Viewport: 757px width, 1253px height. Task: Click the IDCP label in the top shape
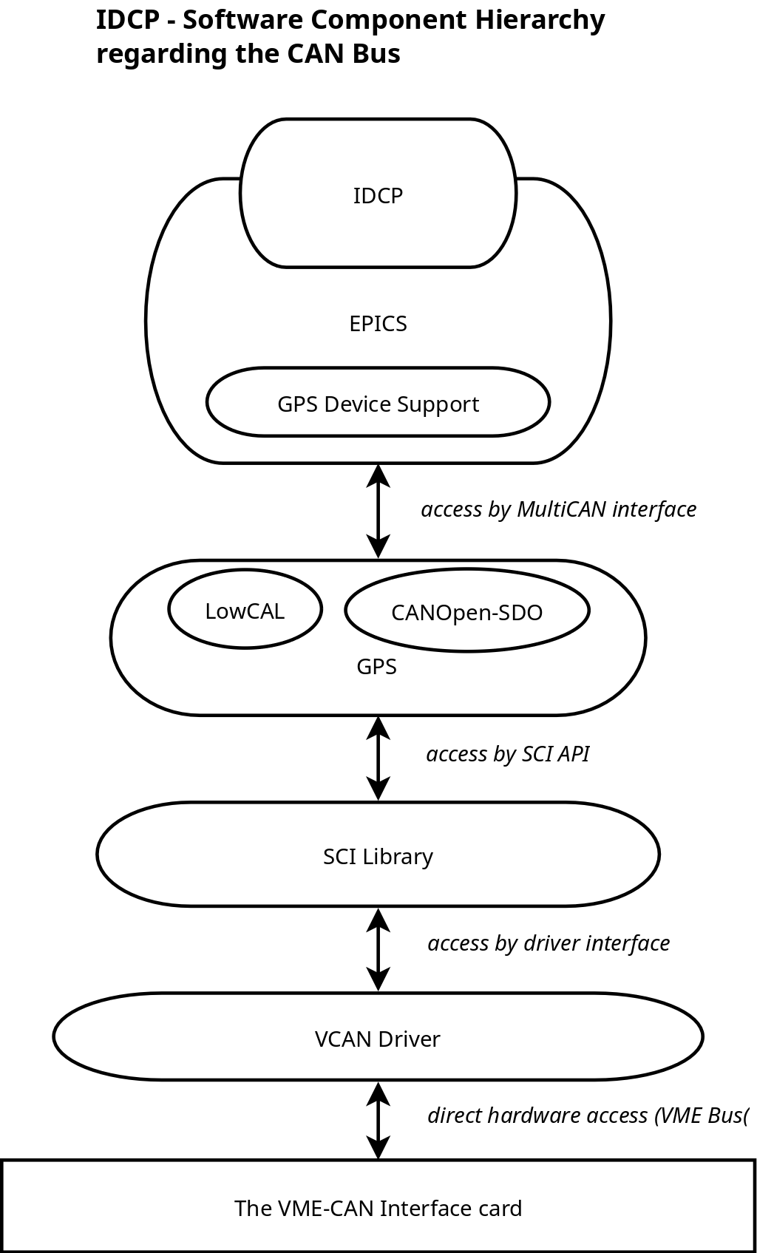pos(378,196)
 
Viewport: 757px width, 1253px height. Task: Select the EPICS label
pos(378,324)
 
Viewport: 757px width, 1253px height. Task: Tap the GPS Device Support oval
pos(378,404)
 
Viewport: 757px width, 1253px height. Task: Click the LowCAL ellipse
pos(245,611)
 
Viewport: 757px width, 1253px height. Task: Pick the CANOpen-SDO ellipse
pos(466,612)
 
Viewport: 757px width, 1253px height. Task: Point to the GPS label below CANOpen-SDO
pos(376,667)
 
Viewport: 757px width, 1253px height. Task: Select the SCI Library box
pos(378,856)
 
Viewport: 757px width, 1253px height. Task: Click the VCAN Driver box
pos(378,1039)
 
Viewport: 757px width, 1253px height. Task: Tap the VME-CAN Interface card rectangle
pos(378,1208)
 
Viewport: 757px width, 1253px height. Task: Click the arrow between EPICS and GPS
pos(378,511)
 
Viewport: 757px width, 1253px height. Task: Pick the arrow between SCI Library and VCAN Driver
pos(378,949)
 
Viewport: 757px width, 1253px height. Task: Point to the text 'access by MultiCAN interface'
pos(559,509)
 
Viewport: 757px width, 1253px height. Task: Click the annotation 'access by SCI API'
pos(508,754)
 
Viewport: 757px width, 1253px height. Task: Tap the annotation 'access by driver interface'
pos(549,943)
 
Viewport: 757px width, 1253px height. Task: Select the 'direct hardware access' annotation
pos(588,1115)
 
